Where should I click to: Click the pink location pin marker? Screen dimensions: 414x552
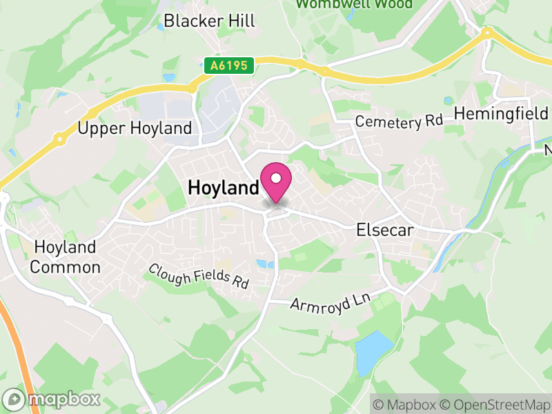[276, 181]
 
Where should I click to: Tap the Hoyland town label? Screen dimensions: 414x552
[223, 187]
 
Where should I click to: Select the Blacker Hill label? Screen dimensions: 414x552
[209, 21]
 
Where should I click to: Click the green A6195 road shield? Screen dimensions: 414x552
[230, 66]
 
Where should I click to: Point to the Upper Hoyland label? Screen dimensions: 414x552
[135, 128]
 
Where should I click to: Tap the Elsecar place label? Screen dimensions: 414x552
[384, 230]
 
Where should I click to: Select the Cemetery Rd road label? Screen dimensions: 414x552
[398, 122]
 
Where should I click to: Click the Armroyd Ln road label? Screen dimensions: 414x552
[330, 302]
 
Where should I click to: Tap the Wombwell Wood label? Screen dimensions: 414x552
[354, 4]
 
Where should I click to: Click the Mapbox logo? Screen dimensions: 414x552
[52, 399]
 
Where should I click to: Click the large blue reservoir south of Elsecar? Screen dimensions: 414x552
[375, 348]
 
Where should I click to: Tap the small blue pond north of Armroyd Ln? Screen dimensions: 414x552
[262, 264]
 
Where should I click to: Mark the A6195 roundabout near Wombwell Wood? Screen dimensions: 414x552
[324, 70]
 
